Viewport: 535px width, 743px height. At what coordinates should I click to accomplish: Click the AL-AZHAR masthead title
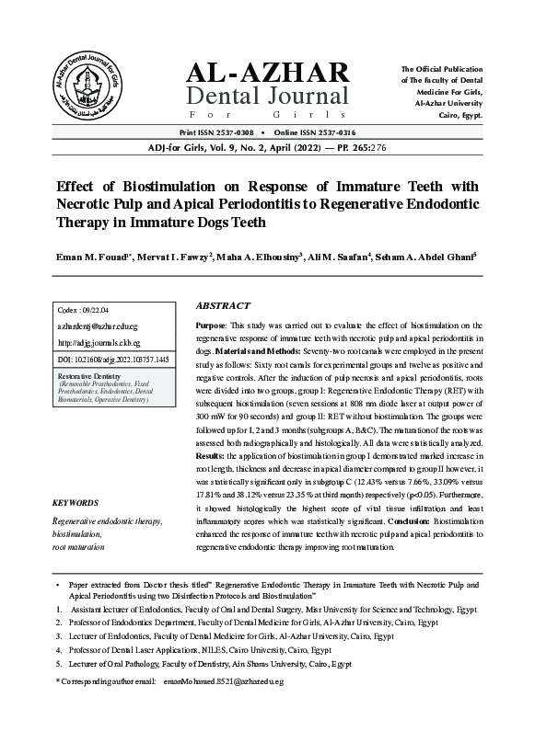point(268,73)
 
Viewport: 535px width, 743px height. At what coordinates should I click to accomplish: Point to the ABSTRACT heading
point(223,305)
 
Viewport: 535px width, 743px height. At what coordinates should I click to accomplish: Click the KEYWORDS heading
point(76,503)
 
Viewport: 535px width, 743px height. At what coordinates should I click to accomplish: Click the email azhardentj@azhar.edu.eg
point(97,326)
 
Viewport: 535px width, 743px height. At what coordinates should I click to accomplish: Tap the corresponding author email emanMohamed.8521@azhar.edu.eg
point(223,681)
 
